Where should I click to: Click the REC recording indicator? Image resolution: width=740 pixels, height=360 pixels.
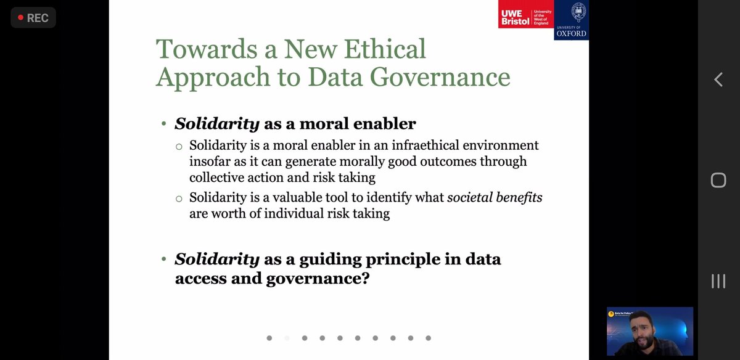(33, 18)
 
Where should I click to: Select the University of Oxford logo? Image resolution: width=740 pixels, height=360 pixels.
(571, 20)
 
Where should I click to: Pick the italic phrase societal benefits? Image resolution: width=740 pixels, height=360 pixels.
(495, 198)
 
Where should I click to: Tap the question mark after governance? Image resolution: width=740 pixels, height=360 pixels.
(366, 279)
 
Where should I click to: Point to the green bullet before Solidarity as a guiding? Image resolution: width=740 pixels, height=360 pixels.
(164, 260)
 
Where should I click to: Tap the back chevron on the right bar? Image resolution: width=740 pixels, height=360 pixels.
(718, 79)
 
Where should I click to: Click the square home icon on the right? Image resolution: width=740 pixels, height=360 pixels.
(718, 180)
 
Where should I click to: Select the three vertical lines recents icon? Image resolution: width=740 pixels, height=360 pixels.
(718, 281)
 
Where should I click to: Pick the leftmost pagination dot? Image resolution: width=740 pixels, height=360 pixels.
(269, 338)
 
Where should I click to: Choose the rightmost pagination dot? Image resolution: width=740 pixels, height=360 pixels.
(428, 338)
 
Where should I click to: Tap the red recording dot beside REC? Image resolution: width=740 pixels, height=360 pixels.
(20, 18)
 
